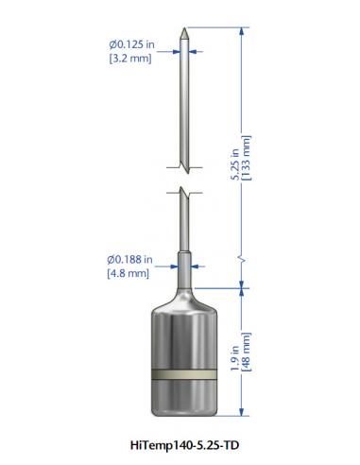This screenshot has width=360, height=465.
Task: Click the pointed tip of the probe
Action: point(184,28)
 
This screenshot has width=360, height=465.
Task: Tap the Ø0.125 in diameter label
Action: point(132,44)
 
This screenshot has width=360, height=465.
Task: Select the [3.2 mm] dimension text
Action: point(130,59)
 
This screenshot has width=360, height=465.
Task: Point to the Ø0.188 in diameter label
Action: point(129,260)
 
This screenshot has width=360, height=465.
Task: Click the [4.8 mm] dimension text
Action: point(128,273)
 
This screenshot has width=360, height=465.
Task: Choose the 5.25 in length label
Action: point(235,164)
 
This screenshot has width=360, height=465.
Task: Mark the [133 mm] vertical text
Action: point(246,158)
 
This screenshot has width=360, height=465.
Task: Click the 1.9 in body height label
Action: point(235,358)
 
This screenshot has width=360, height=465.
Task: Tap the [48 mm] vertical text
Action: point(246,352)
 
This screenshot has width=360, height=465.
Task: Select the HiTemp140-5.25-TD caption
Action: point(184,445)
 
